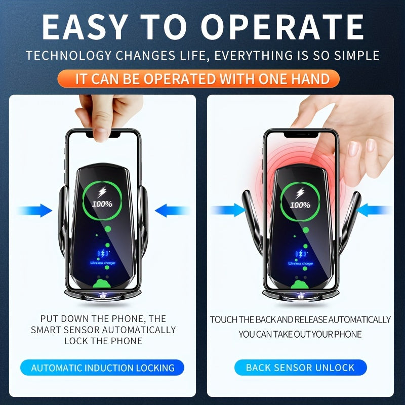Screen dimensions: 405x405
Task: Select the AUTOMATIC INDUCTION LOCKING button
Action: click(103, 368)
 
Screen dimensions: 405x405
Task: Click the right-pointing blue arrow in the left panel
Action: click(34, 210)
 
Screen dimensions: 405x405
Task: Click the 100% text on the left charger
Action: click(102, 205)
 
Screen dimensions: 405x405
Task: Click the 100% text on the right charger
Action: click(300, 205)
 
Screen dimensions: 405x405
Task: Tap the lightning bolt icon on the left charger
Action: click(103, 192)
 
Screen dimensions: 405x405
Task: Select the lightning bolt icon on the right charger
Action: click(300, 192)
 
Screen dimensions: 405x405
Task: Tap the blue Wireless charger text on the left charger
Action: click(103, 263)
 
